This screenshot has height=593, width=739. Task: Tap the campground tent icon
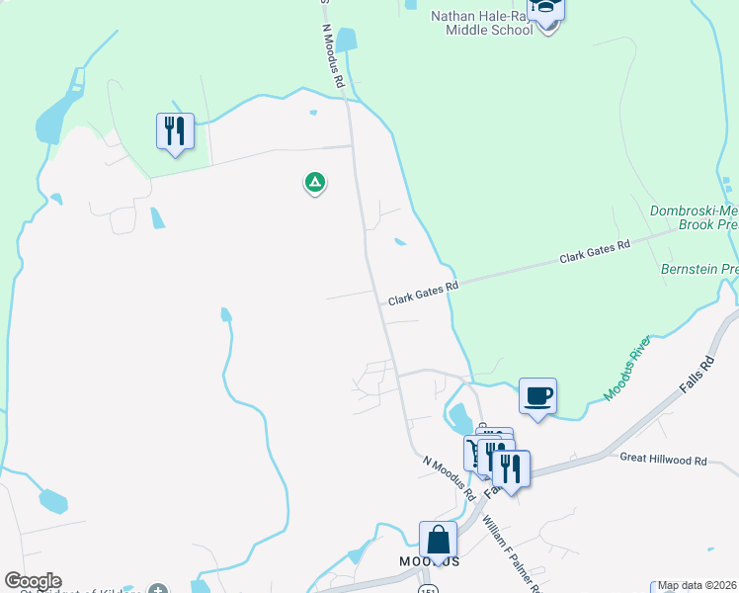[314, 182]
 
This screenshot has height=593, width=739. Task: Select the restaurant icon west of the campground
[175, 130]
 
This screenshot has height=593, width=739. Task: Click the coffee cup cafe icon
[537, 396]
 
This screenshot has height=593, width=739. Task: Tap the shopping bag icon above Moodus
[438, 541]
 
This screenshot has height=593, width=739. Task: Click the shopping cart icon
[475, 452]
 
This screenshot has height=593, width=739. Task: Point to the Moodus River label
[627, 370]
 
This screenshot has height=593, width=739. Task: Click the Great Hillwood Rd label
[663, 460]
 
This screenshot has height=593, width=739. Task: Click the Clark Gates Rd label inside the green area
[595, 251]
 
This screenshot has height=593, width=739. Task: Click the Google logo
[33, 581]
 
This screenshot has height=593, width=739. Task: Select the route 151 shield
[427, 589]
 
